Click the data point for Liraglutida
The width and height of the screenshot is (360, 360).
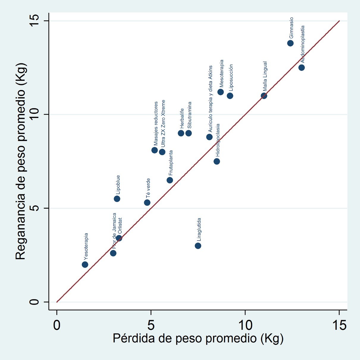(x=198, y=246)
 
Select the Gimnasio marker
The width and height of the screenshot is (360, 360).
(x=290, y=43)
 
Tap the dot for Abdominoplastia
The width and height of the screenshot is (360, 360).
(x=301, y=67)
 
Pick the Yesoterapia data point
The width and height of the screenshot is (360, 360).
(x=85, y=265)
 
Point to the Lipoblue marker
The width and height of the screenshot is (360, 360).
(x=117, y=199)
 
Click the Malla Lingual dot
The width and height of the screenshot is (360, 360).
(x=264, y=96)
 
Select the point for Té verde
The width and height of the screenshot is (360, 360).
(x=147, y=202)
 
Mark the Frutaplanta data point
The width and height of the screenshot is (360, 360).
(x=170, y=180)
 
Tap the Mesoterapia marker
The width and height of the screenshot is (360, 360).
(x=221, y=92)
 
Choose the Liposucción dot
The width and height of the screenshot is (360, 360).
(x=230, y=96)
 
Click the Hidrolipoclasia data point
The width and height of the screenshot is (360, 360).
(x=217, y=161)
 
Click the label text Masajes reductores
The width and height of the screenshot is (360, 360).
(x=156, y=123)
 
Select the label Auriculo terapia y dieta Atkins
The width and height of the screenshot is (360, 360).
(x=210, y=99)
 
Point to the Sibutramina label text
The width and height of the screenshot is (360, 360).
(x=189, y=115)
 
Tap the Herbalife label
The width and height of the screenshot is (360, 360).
(x=182, y=118)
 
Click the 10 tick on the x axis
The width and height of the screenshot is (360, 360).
(x=245, y=325)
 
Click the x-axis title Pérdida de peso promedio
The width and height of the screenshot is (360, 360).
(x=198, y=339)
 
